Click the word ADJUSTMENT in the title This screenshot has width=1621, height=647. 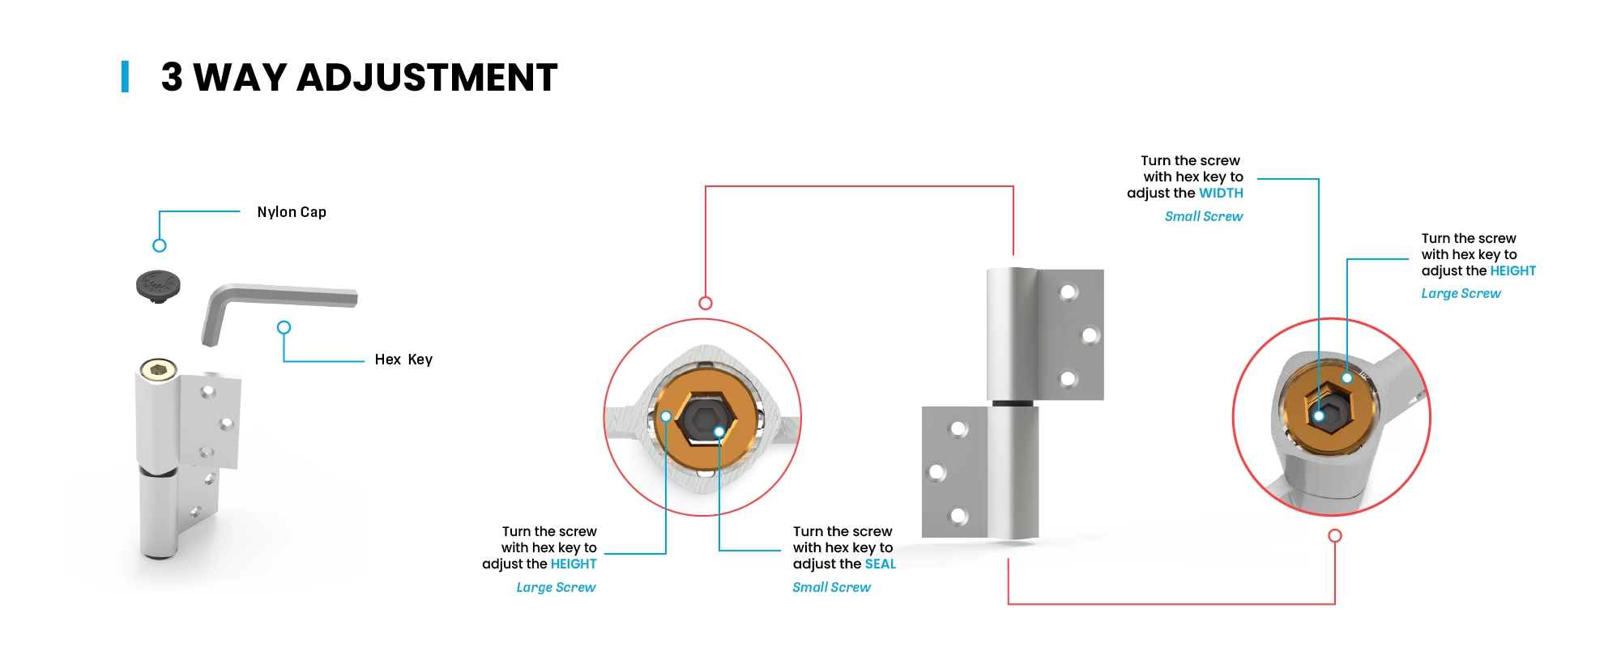(x=427, y=78)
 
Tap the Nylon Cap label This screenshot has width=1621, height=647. (x=292, y=212)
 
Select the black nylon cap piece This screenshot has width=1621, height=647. (x=158, y=286)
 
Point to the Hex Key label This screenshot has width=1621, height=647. (x=403, y=360)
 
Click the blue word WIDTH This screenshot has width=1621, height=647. (x=1221, y=193)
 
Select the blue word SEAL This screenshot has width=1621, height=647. (x=881, y=564)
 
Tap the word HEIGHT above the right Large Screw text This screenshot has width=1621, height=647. (x=1512, y=270)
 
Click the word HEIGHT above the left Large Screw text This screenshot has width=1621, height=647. (x=574, y=564)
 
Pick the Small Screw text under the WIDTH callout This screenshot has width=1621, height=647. (x=1204, y=216)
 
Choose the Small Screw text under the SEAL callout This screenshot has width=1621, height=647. (x=832, y=587)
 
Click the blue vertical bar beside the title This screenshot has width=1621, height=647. (x=125, y=77)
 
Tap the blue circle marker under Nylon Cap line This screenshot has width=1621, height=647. (x=160, y=245)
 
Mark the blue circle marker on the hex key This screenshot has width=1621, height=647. (x=284, y=327)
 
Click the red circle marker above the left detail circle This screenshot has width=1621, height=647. (x=706, y=303)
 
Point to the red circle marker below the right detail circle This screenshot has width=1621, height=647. (x=1335, y=535)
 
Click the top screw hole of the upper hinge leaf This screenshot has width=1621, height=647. (x=1069, y=292)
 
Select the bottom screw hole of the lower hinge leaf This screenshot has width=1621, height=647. (x=958, y=515)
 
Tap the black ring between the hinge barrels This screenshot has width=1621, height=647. (x=1013, y=402)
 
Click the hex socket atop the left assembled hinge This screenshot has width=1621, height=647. (x=159, y=370)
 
